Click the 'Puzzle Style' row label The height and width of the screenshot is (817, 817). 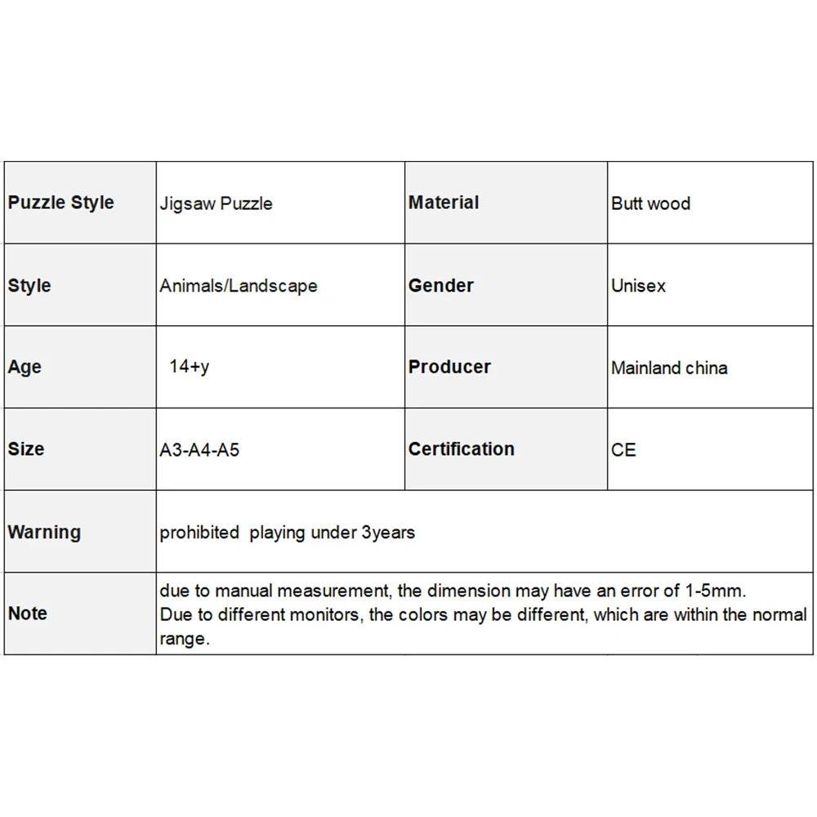pyautogui.click(x=61, y=203)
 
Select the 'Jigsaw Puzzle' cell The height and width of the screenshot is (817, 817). pyautogui.click(x=216, y=203)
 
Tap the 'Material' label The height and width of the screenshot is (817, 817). pyautogui.click(x=444, y=203)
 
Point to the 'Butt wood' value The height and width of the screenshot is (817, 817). pyautogui.click(x=650, y=203)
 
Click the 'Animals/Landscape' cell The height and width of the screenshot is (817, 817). pyautogui.click(x=239, y=286)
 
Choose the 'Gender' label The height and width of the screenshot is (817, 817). pyautogui.click(x=441, y=285)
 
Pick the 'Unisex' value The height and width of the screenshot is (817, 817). pyautogui.click(x=638, y=286)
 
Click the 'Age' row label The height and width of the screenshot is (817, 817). pyautogui.click(x=25, y=367)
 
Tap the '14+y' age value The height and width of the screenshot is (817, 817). pyautogui.click(x=189, y=366)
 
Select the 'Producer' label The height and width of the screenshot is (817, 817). pyautogui.click(x=449, y=367)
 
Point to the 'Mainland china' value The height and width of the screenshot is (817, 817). pyautogui.click(x=669, y=368)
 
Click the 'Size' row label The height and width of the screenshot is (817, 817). pyautogui.click(x=26, y=449)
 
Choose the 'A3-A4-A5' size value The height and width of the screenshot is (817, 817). pyautogui.click(x=199, y=450)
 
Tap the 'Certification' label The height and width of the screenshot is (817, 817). pyautogui.click(x=462, y=449)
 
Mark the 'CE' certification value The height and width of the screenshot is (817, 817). pyautogui.click(x=623, y=450)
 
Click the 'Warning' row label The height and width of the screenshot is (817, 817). pyautogui.click(x=44, y=532)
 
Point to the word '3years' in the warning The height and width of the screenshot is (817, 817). pyautogui.click(x=388, y=533)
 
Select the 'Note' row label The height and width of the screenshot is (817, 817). pyautogui.click(x=28, y=614)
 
